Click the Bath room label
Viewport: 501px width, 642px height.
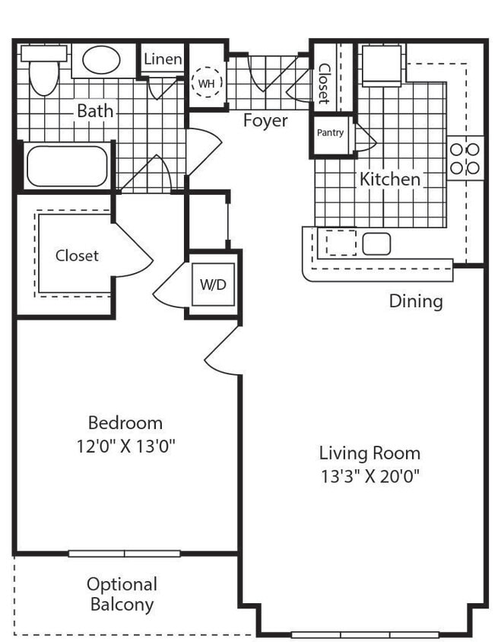pyautogui.click(x=95, y=111)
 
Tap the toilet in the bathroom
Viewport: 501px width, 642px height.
pyautogui.click(x=43, y=72)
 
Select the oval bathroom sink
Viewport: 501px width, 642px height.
pyautogui.click(x=101, y=60)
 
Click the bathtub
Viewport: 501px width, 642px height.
pyautogui.click(x=67, y=166)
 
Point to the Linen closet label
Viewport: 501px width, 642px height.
pyautogui.click(x=163, y=59)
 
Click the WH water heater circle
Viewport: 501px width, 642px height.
pyautogui.click(x=206, y=84)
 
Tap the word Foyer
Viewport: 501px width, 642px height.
pyautogui.click(x=265, y=121)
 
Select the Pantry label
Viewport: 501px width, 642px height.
pyautogui.click(x=330, y=133)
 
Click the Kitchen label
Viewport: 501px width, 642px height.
pyautogui.click(x=389, y=180)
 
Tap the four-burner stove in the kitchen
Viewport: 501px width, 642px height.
pyautogui.click(x=465, y=159)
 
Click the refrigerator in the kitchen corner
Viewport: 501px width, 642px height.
pyautogui.click(x=381, y=66)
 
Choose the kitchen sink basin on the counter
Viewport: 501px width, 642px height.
pyautogui.click(x=376, y=243)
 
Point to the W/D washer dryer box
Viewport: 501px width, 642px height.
pyautogui.click(x=213, y=284)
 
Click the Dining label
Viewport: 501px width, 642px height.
pyautogui.click(x=416, y=301)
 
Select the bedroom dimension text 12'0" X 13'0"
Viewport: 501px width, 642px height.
pyautogui.click(x=125, y=446)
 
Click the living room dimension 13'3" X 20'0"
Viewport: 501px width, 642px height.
pyautogui.click(x=369, y=477)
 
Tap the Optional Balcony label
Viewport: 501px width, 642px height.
pyautogui.click(x=122, y=595)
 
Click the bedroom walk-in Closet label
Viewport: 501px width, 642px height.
pyautogui.click(x=77, y=256)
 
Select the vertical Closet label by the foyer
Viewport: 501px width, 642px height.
pyautogui.click(x=324, y=83)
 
